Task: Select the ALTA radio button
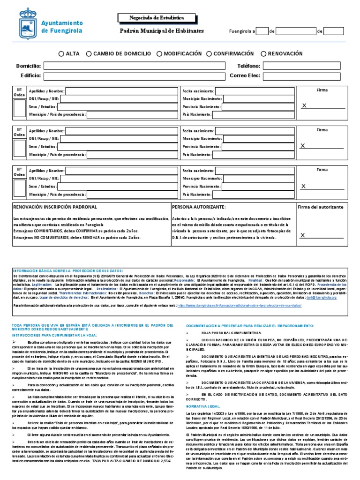pyautogui.click(x=61, y=54)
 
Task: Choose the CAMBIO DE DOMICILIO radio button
pyautogui.click(x=89, y=54)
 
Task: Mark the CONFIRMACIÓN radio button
pyautogui.click(x=209, y=54)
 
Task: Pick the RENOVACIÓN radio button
pyautogui.click(x=263, y=54)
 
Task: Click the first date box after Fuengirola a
pyautogui.click(x=262, y=31)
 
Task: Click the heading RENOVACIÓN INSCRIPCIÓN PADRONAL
pyautogui.click(x=55, y=207)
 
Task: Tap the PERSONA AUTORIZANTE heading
pyautogui.click(x=199, y=207)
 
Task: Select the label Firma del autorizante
pyautogui.click(x=322, y=207)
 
